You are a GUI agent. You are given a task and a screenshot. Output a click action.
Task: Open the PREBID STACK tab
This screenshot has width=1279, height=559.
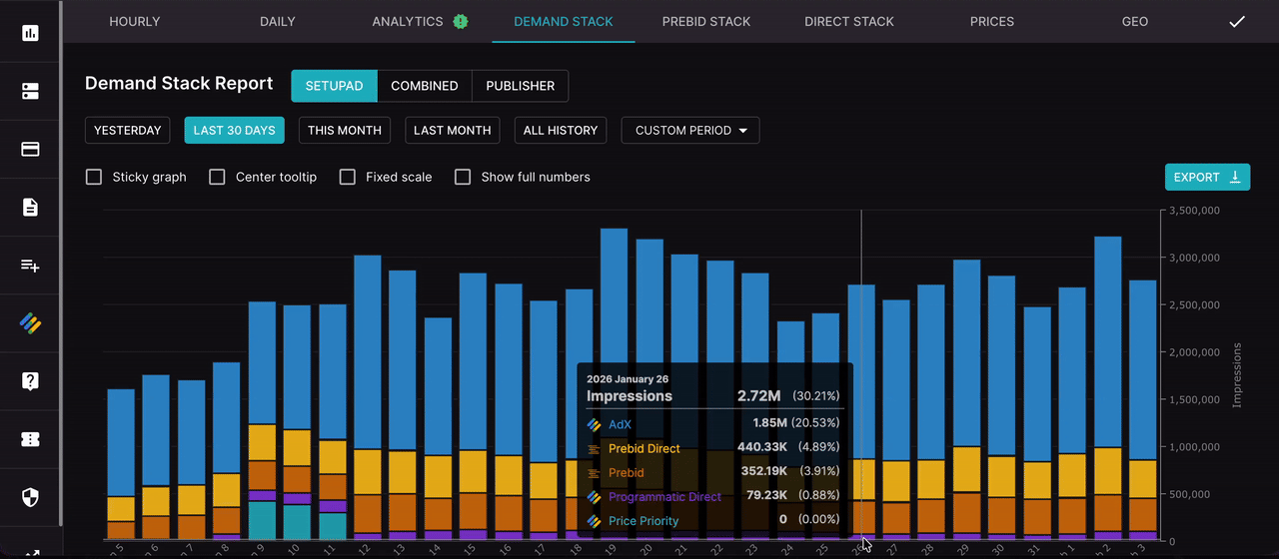point(705,21)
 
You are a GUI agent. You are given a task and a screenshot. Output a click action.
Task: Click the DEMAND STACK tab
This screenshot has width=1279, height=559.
point(563,21)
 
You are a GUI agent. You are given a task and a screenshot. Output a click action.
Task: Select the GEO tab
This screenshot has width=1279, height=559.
point(1134,21)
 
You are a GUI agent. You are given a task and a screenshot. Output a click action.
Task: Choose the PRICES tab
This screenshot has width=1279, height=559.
point(991,21)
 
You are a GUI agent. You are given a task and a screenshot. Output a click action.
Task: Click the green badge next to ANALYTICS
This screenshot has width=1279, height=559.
point(460,21)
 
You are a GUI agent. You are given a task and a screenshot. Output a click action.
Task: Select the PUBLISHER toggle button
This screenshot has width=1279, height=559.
point(520,86)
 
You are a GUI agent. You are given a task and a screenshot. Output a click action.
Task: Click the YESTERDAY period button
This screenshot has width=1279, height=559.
point(128,131)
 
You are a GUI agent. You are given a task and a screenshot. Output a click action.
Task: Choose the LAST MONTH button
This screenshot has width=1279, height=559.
point(452,131)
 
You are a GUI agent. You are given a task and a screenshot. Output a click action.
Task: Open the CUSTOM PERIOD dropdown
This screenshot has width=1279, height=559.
point(690,131)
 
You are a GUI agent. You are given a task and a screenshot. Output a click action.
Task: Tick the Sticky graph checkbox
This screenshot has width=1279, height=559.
point(94,177)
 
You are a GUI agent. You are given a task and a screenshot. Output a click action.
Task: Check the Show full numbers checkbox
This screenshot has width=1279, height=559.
point(463,177)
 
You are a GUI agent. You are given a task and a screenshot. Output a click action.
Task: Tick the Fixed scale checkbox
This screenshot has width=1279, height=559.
point(348,177)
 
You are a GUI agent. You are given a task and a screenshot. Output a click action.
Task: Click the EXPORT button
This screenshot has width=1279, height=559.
point(1206,177)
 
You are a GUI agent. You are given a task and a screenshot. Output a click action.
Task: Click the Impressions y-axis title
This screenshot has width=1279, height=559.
point(1237,375)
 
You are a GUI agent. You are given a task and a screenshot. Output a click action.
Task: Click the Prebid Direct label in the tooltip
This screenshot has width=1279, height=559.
point(643,449)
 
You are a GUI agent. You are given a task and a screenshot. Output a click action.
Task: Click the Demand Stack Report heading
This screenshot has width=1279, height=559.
point(179,84)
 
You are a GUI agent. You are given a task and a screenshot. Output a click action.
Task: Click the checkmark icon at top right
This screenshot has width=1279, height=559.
point(1237,21)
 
